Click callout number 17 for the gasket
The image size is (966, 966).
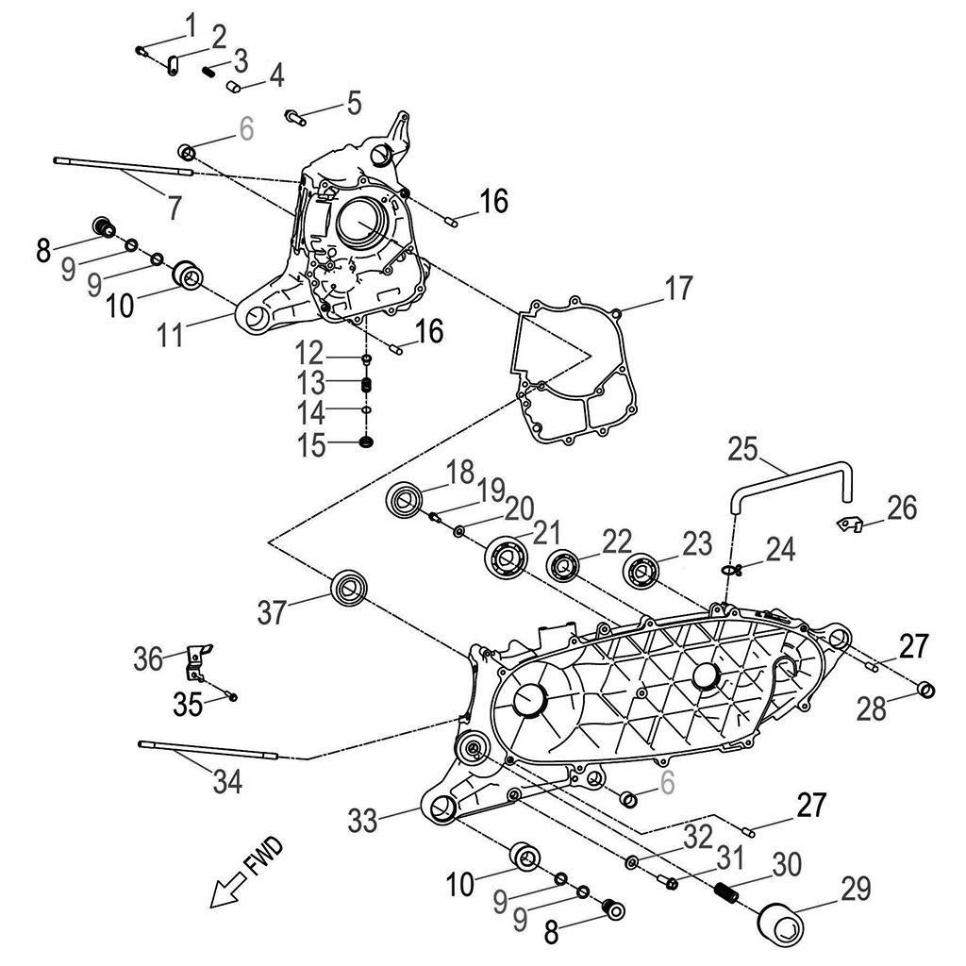678,287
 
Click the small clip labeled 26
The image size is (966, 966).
850,522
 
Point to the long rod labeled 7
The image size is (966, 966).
123,167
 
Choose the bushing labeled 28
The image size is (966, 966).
927,691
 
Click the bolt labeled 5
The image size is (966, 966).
294,117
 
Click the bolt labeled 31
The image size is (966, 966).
668,883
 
